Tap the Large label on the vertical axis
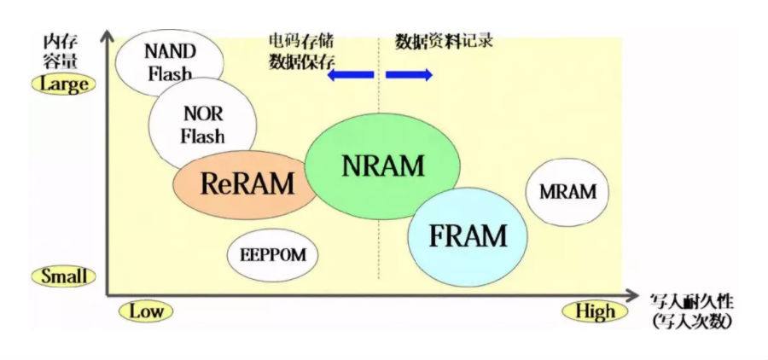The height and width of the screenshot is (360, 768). tap(64, 84)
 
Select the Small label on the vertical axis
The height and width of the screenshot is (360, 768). tap(64, 276)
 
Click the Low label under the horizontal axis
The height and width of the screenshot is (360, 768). tap(146, 311)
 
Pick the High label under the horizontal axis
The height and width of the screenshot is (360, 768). tap(594, 311)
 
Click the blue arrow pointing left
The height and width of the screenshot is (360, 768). tap(350, 75)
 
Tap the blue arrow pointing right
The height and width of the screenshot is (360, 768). tap(409, 75)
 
